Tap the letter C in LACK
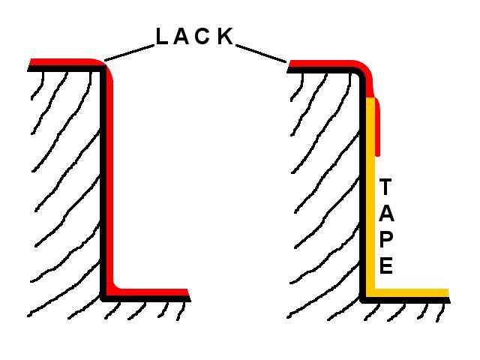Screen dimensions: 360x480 point(204,37)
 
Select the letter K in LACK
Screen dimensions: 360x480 point(226,37)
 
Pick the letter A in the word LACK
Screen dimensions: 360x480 point(182,37)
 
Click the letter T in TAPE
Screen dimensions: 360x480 point(385,185)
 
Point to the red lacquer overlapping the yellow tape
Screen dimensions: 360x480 point(377,127)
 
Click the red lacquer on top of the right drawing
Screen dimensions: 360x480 point(322,62)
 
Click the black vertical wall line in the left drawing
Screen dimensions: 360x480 point(103,180)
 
